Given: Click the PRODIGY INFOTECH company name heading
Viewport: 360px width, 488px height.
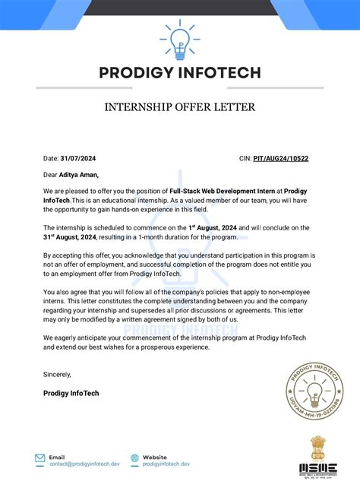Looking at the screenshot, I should click(179, 73).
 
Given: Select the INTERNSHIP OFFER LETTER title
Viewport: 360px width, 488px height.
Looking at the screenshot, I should click(179, 106).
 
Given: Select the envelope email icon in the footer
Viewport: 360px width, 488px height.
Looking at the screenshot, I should click(39, 458).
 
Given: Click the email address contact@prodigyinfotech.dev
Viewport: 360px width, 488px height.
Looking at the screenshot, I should click(81, 464).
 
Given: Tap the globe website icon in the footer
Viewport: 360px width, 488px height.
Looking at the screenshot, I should click(134, 458).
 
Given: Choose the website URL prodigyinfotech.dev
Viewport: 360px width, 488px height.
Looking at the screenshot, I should click(166, 464).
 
